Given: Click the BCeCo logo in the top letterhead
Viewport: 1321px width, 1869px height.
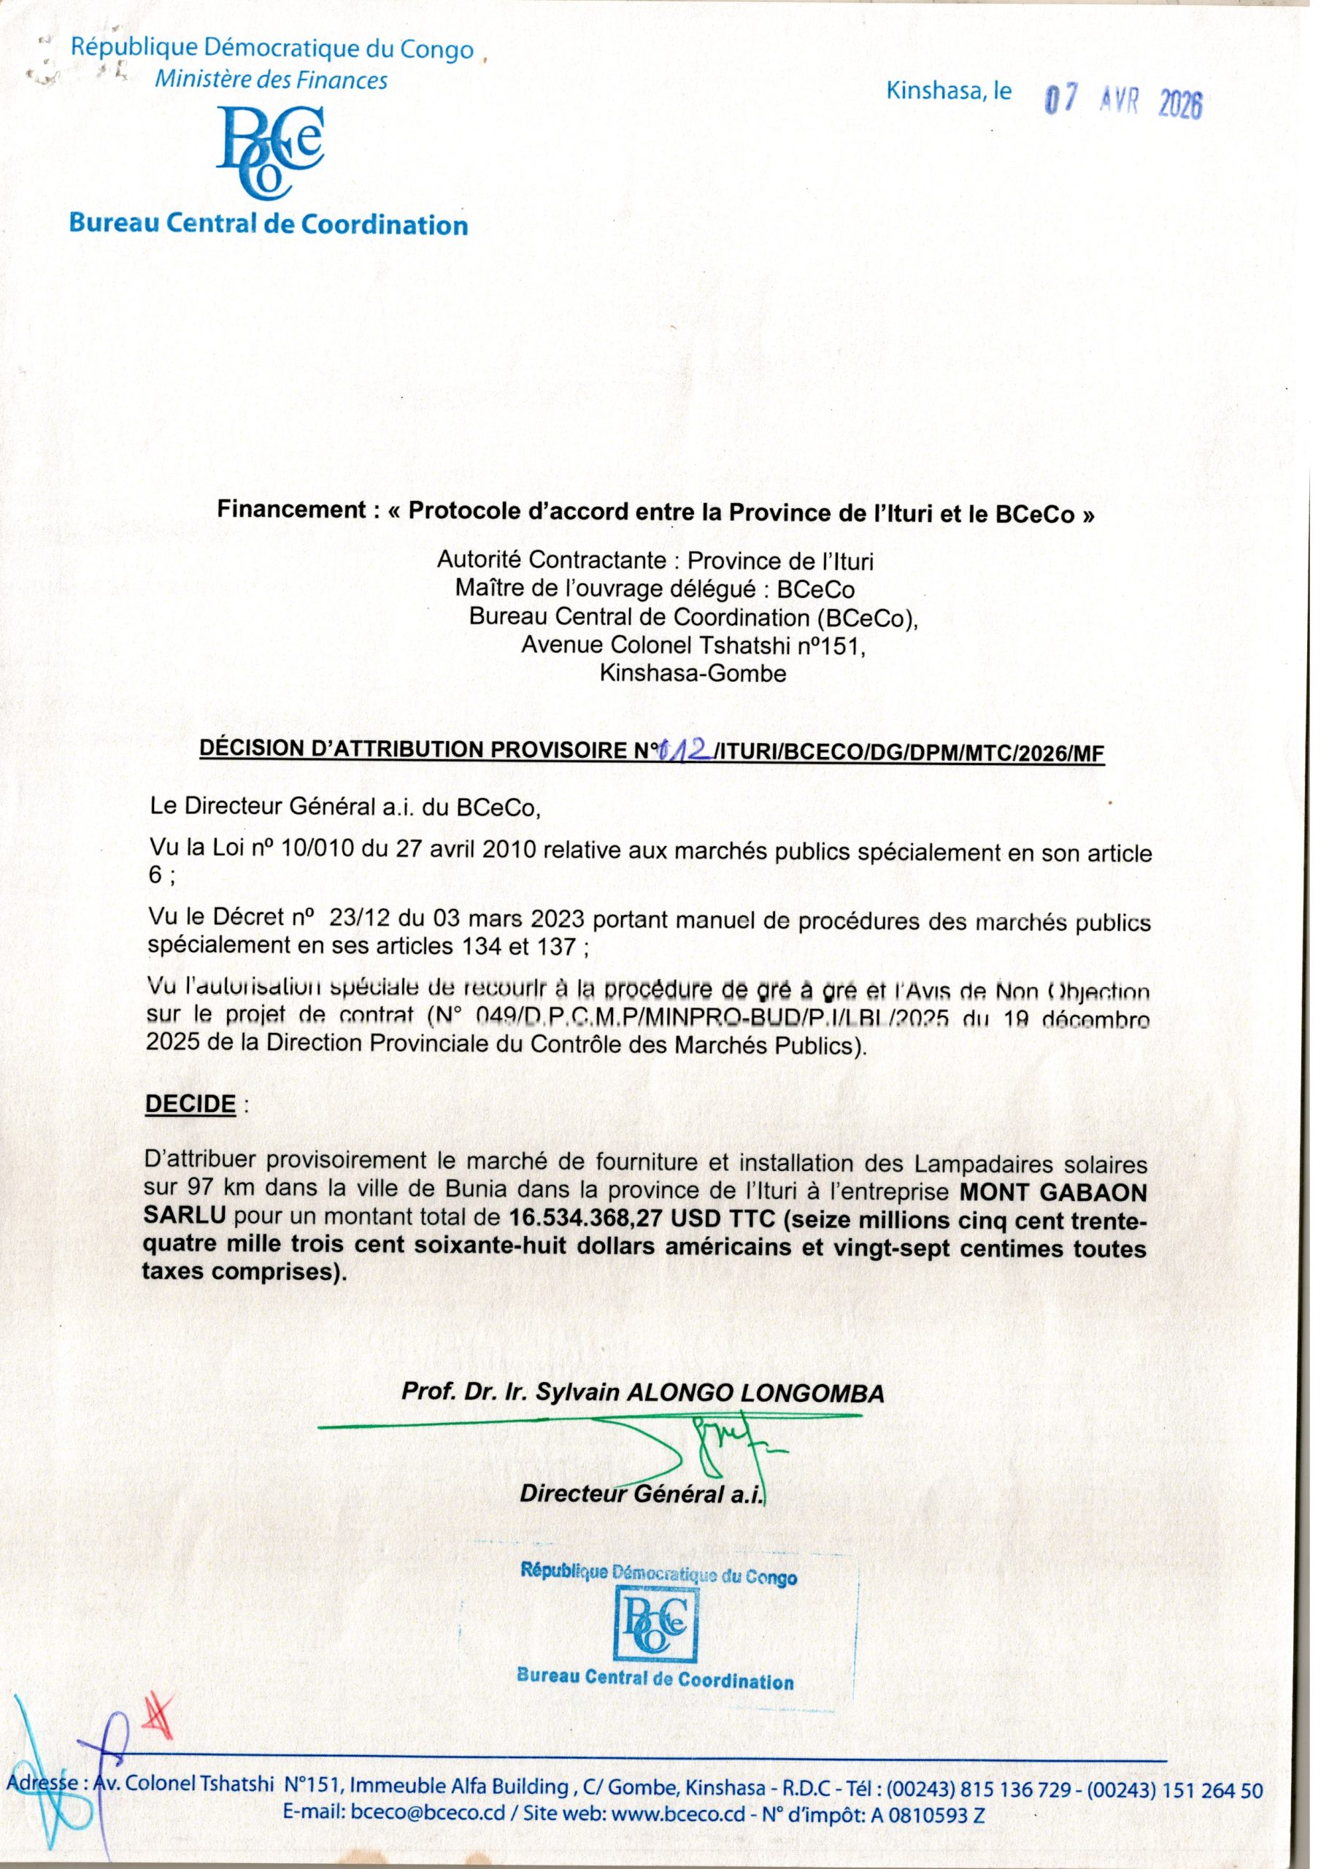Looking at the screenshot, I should pos(270,153).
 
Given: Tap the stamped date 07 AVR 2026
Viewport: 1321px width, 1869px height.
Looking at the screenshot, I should pos(1122,102).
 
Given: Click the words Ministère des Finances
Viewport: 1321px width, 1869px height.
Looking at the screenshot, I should pos(271,80).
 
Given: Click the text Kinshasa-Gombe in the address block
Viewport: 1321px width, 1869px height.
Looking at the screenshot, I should pos(693,673).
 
